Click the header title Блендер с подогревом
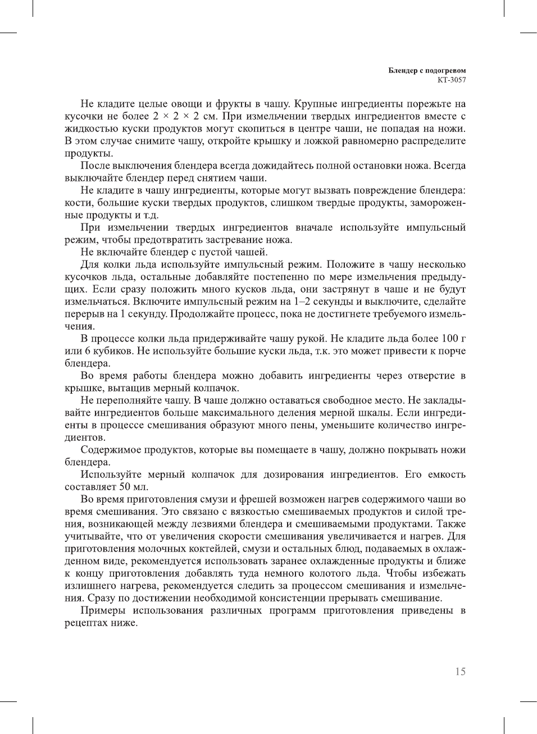427,71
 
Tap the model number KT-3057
452,80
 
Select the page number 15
460,672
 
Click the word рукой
311,339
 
